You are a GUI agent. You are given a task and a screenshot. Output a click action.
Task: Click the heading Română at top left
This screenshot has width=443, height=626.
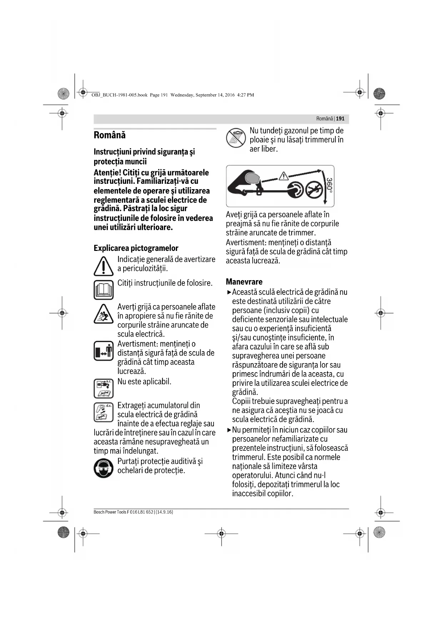(x=110, y=135)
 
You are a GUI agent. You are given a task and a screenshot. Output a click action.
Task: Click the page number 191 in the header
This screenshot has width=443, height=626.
(x=340, y=118)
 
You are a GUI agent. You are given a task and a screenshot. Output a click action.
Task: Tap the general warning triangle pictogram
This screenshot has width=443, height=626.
(x=104, y=267)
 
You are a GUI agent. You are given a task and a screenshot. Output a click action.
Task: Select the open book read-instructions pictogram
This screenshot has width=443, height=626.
(x=104, y=289)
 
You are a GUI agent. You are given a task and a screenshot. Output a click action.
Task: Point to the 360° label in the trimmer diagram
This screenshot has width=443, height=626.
(x=330, y=186)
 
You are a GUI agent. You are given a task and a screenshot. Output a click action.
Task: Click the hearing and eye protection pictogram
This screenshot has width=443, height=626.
(x=104, y=468)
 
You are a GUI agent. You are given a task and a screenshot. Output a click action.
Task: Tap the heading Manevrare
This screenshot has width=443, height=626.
(x=244, y=282)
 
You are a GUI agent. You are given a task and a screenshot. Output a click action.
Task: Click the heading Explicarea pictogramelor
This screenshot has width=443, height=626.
(x=136, y=248)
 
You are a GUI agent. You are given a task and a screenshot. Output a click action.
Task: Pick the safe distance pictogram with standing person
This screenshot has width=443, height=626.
(x=104, y=351)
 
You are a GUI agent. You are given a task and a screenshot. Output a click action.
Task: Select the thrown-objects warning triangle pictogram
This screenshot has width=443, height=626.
(x=104, y=314)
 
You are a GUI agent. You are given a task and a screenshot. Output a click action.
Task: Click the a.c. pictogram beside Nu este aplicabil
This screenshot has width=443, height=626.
(x=104, y=388)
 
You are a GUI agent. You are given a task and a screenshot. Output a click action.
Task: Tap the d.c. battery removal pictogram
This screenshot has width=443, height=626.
(x=104, y=412)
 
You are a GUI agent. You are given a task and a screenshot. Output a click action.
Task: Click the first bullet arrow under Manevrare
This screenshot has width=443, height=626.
(x=229, y=292)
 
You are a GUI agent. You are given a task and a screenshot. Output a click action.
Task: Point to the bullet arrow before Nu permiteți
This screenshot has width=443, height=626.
(x=229, y=430)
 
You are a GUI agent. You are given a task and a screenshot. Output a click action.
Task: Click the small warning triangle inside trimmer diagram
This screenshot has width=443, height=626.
(x=283, y=176)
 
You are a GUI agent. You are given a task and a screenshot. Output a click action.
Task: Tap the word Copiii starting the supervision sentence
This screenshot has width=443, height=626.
(x=241, y=401)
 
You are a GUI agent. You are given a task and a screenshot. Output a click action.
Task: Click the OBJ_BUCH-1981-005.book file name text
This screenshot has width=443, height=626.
(x=119, y=95)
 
